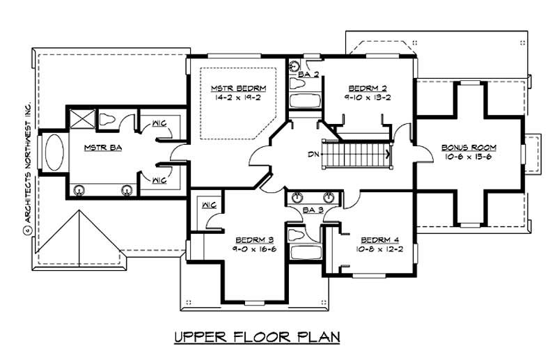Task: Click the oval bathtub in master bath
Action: coord(54,151)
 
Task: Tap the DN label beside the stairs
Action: coord(313,154)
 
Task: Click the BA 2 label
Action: coord(308,74)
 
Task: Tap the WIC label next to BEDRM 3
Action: coord(207,205)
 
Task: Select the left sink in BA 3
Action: coord(298,196)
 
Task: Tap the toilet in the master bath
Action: coord(109,120)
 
